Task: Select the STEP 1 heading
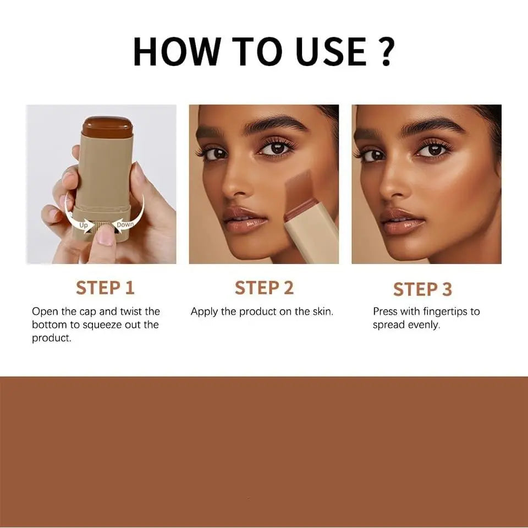(x=105, y=288)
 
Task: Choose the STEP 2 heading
(x=264, y=288)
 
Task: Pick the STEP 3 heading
(x=422, y=289)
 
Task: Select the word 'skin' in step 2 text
(x=321, y=311)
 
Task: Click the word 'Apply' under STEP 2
(x=204, y=311)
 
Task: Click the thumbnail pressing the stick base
(x=105, y=235)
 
